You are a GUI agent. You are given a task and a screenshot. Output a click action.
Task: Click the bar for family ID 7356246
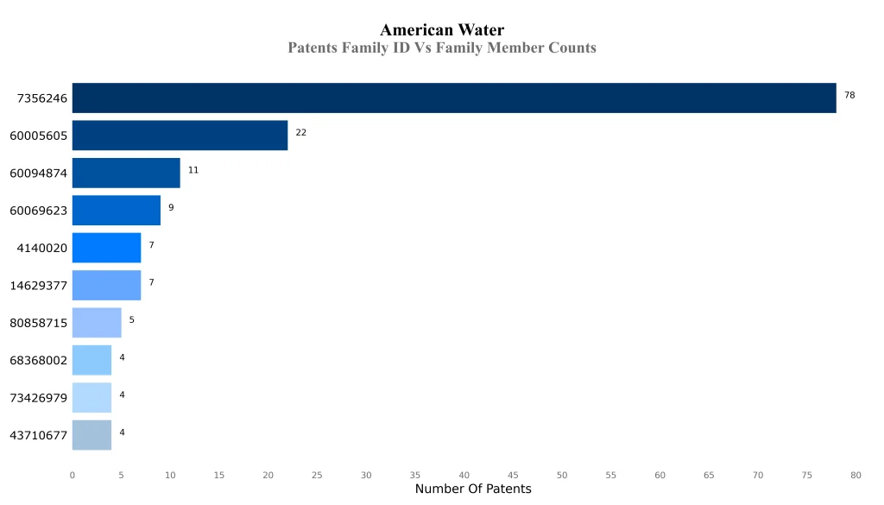454,98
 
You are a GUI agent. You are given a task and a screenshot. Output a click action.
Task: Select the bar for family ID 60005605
180,136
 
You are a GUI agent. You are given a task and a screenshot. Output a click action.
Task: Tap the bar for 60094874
126,173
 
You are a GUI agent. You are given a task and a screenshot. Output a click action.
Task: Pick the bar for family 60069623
116,210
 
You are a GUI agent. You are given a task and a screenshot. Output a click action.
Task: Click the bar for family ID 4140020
106,248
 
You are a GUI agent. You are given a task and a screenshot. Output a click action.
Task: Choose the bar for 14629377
106,285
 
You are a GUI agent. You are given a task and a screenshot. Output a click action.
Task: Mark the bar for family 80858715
97,322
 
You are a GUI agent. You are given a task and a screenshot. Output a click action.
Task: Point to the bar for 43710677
92,435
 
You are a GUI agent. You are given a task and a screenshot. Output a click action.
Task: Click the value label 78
849,95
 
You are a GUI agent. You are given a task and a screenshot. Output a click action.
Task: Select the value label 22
300,133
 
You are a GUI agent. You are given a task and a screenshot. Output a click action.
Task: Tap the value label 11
193,170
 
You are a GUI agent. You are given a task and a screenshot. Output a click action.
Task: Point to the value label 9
171,207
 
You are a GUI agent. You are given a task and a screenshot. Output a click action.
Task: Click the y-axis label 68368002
38,361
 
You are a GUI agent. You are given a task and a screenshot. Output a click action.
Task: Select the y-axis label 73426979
38,398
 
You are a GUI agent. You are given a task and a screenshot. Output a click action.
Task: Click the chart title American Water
442,31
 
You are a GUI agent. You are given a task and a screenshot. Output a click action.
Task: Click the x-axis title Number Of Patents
473,489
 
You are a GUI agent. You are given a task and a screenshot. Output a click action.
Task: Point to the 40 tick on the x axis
464,475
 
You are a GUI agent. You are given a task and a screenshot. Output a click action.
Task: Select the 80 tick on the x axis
856,475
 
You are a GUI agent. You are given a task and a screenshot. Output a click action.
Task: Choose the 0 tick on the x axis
72,475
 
